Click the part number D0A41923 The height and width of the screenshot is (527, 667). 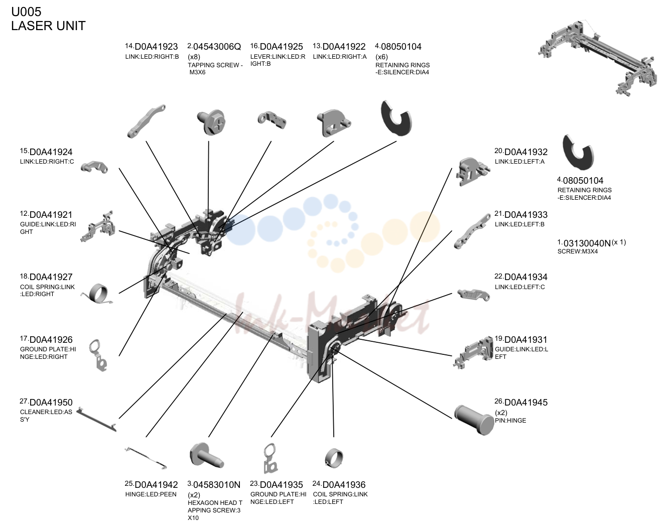(x=156, y=47)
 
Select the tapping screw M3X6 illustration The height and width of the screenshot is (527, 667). (x=212, y=122)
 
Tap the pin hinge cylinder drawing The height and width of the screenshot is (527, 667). (x=474, y=420)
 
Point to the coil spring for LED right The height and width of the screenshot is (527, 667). (x=98, y=293)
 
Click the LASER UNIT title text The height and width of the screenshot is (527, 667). (x=48, y=26)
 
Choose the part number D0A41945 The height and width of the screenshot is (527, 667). (x=526, y=403)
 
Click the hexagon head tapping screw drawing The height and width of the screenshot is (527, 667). (x=206, y=456)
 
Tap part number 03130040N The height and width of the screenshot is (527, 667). (x=587, y=243)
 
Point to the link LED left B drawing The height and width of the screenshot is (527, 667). (x=472, y=231)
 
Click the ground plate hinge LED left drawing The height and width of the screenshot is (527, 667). (x=271, y=458)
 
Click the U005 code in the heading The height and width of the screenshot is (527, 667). (x=26, y=12)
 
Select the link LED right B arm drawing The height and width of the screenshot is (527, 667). (x=146, y=121)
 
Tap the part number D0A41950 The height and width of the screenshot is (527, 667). (x=51, y=403)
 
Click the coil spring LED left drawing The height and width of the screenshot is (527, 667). (x=334, y=458)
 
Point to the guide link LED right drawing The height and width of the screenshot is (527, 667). (x=98, y=227)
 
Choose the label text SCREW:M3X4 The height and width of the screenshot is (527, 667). (x=578, y=251)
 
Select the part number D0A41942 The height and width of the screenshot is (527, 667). (x=156, y=485)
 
